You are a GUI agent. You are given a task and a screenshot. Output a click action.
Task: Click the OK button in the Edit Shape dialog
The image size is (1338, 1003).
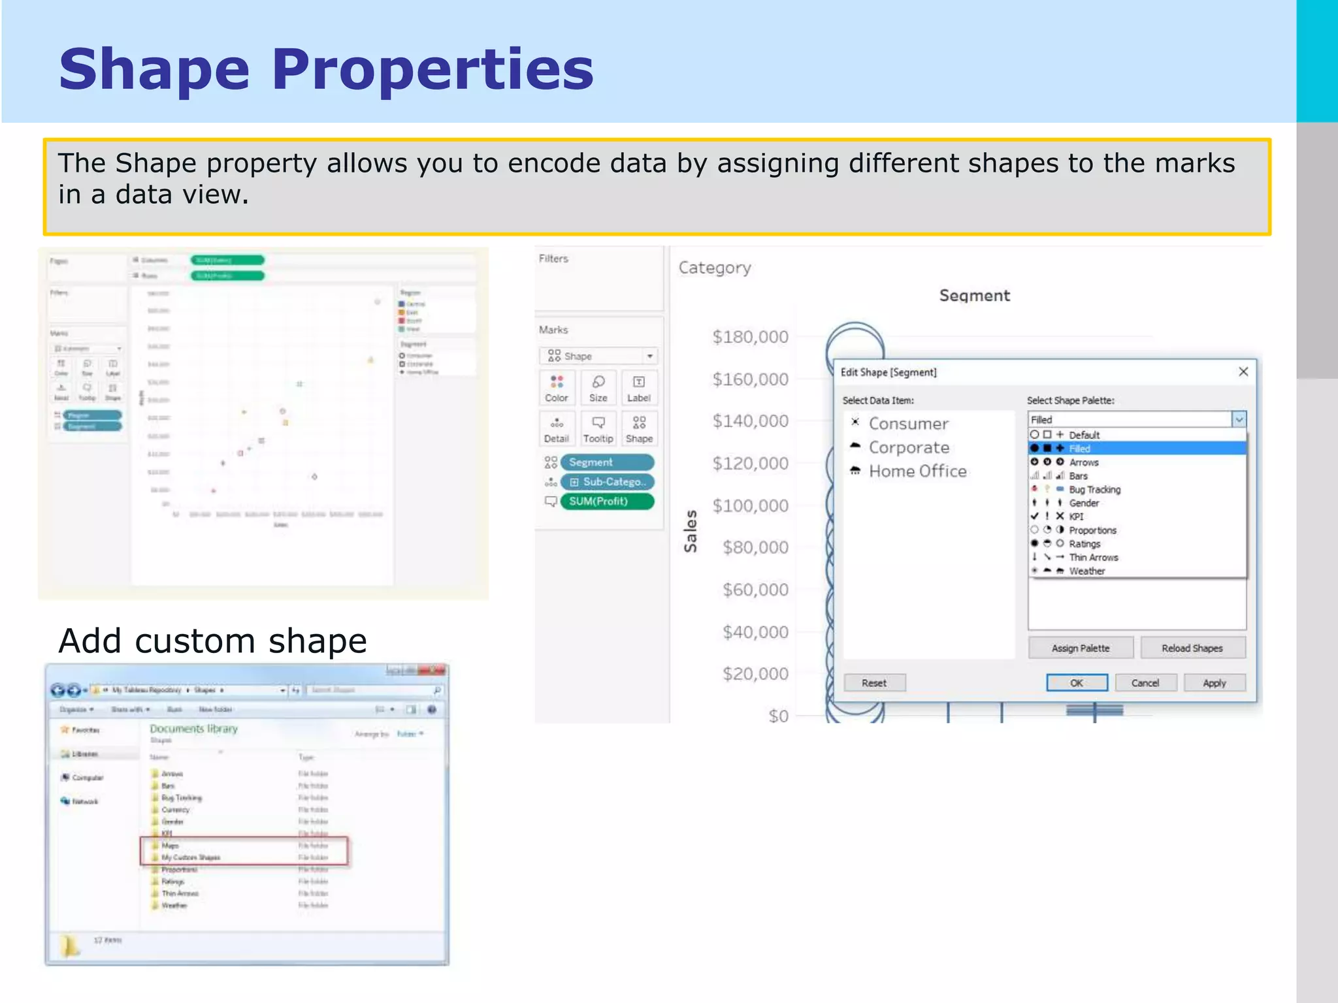click(x=1076, y=683)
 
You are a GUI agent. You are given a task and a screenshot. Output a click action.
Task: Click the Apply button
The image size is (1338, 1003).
click(x=1214, y=683)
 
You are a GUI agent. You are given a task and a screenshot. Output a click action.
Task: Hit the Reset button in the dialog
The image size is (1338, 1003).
click(x=873, y=683)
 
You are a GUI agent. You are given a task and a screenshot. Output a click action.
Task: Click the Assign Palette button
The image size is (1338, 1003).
click(x=1080, y=648)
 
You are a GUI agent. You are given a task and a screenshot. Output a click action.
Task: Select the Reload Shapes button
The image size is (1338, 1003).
click(x=1192, y=648)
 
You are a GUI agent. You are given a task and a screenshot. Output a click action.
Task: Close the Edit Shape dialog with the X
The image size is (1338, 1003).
click(x=1243, y=372)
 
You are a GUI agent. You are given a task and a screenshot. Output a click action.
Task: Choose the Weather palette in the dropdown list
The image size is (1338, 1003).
click(x=1086, y=571)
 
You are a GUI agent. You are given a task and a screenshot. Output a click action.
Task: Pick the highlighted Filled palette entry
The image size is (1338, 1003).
click(x=1079, y=449)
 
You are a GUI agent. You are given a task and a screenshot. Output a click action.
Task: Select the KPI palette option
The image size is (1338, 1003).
click(x=1076, y=517)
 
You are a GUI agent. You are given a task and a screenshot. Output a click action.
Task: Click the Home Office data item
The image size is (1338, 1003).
click(x=917, y=471)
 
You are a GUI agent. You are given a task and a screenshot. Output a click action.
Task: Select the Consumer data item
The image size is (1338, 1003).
click(x=908, y=424)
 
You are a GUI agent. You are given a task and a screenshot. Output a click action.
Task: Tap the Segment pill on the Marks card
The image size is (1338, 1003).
click(x=606, y=462)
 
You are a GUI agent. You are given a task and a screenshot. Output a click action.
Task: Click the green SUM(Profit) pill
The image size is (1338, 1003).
click(x=606, y=501)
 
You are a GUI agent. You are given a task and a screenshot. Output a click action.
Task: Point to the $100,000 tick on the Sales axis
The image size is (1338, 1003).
click(x=750, y=506)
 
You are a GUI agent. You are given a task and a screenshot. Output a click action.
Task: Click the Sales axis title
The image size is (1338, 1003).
click(x=691, y=531)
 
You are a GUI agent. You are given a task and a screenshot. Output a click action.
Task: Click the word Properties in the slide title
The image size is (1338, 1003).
click(x=432, y=70)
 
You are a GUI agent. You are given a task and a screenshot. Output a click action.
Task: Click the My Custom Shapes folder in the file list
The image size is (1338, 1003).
click(x=191, y=857)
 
